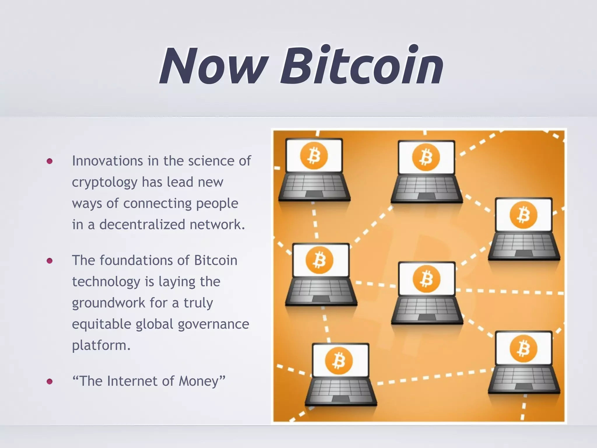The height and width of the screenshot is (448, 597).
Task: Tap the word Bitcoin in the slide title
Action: (361, 65)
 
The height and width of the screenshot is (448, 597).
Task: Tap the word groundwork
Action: (108, 303)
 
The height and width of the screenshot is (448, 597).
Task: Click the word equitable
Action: (101, 324)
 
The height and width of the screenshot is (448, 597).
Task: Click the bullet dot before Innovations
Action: (50, 161)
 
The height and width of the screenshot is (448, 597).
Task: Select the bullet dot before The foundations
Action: (50, 260)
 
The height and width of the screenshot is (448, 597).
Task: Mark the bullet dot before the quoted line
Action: (50, 381)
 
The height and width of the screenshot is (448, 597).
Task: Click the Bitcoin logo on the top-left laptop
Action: (314, 155)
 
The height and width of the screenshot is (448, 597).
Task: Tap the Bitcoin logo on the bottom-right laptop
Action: (524, 349)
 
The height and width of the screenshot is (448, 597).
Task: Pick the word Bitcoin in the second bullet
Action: (216, 260)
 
